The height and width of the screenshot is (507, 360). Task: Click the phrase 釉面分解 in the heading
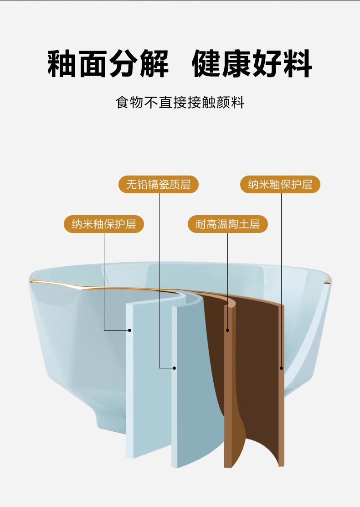coord(108,64)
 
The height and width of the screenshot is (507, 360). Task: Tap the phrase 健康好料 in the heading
coord(252,64)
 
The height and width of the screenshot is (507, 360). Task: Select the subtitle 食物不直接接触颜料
coord(180,103)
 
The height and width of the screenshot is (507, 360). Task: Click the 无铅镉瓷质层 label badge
coord(159,184)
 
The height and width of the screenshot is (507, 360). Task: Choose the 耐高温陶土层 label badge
coord(228,224)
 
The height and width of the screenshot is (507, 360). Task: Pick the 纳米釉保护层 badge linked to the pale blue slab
coord(104,224)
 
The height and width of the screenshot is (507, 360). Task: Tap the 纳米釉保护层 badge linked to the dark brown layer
coord(280,184)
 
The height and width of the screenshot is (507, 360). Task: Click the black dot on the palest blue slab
coord(130,330)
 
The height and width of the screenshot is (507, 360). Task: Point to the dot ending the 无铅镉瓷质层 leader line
coord(174,367)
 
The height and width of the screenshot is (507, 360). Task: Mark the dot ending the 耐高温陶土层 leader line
coord(228,330)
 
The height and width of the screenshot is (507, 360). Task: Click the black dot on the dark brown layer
coord(281,368)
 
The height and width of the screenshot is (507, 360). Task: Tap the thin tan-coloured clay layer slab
coord(228,401)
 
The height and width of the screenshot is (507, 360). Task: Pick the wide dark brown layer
coord(260,365)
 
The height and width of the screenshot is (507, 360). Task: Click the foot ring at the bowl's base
coord(109,417)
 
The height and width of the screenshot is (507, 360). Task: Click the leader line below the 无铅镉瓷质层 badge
coord(159,274)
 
